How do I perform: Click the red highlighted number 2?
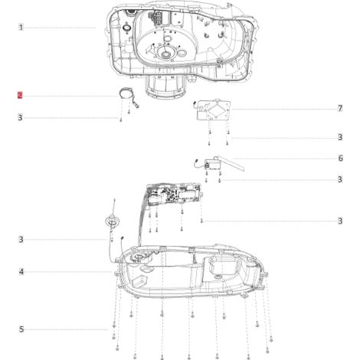(20, 96)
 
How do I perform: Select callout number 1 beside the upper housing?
(21, 28)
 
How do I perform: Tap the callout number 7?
(340, 109)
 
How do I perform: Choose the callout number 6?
(340, 159)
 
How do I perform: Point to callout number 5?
(21, 329)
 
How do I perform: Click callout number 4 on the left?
(21, 272)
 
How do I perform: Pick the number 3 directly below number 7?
(340, 137)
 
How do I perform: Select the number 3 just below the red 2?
(20, 118)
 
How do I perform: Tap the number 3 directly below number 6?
(340, 179)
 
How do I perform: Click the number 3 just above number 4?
(21, 240)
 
